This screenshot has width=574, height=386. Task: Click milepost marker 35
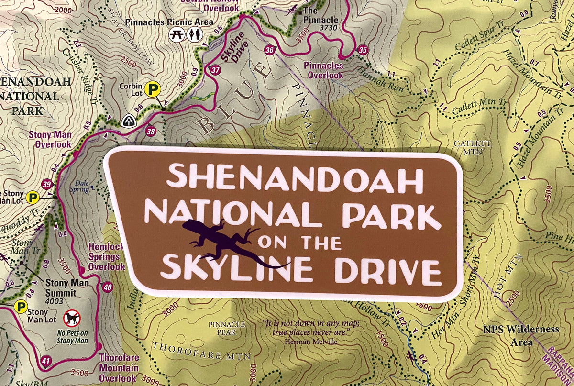363,50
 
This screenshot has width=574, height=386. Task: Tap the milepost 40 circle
108,287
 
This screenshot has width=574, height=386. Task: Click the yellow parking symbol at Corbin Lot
153,89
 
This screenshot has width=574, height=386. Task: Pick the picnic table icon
177,34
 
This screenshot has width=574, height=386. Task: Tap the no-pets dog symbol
73,318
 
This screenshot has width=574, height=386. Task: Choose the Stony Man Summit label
67,287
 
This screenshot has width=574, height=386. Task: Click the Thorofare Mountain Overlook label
119,368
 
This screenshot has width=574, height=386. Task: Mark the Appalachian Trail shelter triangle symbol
129,120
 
